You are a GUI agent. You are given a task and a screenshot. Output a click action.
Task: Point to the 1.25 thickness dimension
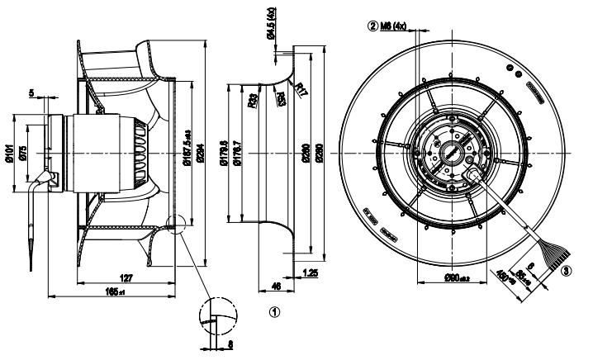click(311, 271)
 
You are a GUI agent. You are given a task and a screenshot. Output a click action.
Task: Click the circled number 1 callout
click(275, 312)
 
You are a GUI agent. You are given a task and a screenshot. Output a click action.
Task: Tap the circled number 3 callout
click(565, 269)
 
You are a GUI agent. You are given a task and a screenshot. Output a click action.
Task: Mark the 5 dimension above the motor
click(31, 93)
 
